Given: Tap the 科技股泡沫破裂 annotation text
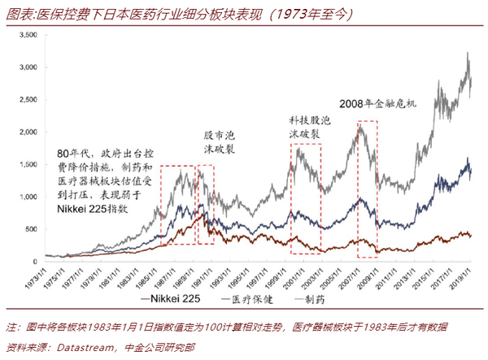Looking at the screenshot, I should [x=312, y=124].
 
